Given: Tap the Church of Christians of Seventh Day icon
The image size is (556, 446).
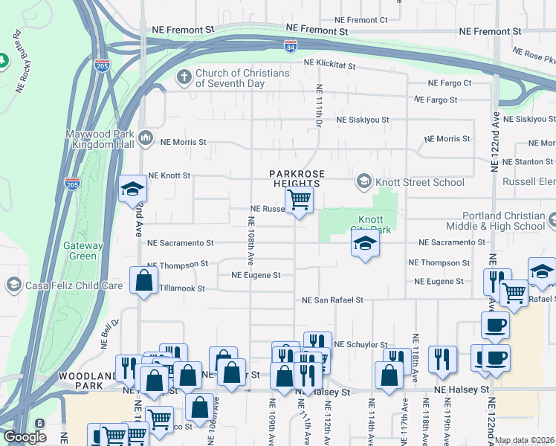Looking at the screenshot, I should click(x=184, y=77).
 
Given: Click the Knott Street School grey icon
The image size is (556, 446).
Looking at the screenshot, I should click(x=363, y=181).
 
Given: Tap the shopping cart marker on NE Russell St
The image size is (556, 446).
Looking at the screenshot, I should click(x=299, y=199).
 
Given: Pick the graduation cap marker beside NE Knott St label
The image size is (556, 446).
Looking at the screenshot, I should click(x=132, y=189).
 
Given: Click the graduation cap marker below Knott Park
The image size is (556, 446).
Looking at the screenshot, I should click(x=364, y=242).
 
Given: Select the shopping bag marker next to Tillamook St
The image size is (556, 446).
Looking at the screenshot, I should click(x=143, y=280).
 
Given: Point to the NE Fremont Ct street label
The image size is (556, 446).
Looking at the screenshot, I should click(x=361, y=20).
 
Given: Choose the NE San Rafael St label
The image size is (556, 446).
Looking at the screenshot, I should click(x=332, y=300).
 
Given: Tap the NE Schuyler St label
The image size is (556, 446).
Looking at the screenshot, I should click(x=361, y=345).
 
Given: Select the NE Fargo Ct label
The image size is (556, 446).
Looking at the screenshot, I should click(x=448, y=83).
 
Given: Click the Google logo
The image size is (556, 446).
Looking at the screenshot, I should click(x=25, y=438).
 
